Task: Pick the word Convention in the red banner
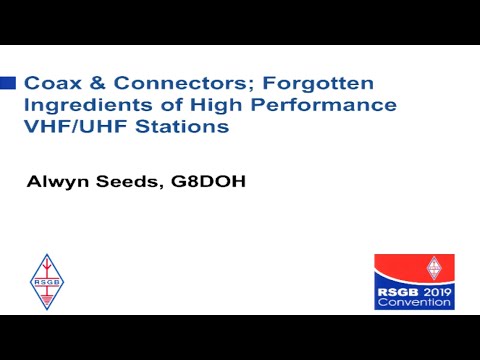[x=415, y=303]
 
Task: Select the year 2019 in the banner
[x=437, y=291]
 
